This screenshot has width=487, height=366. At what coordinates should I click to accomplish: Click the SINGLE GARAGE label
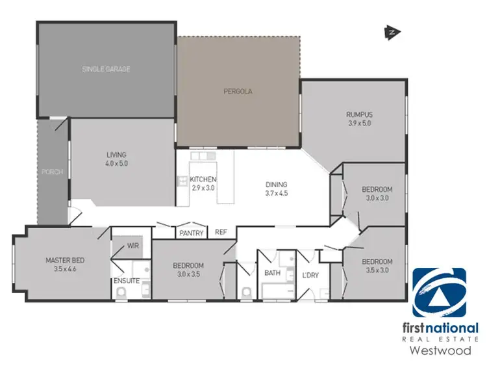(106, 69)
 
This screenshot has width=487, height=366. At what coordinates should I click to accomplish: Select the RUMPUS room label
(358, 115)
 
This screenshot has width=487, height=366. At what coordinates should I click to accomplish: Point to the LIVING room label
(117, 155)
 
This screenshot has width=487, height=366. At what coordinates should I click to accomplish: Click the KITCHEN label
(203, 179)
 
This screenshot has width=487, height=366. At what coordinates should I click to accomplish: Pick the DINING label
(276, 185)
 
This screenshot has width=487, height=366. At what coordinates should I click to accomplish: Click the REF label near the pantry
(221, 232)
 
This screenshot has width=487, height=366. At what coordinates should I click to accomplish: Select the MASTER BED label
(65, 261)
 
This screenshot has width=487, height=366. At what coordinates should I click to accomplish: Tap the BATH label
(272, 273)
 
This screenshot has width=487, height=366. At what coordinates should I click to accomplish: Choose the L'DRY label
(310, 275)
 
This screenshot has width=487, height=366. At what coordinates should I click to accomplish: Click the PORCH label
(52, 172)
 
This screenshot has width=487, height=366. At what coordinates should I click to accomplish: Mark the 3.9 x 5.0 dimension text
(358, 124)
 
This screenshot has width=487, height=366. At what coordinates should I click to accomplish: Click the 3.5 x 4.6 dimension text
(65, 269)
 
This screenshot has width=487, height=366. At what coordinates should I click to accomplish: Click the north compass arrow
(392, 31)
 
